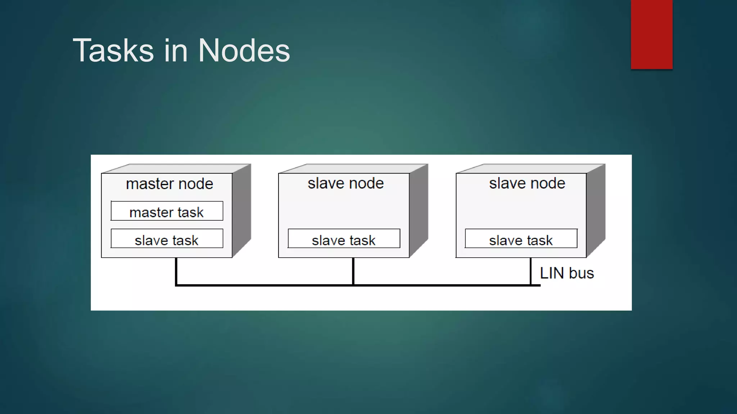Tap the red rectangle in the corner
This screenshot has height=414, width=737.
pos(651,34)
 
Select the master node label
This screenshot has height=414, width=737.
pos(169,184)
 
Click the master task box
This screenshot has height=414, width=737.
pos(167,211)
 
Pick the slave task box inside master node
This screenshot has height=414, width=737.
pos(167,239)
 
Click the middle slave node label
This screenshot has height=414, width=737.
pos(345,184)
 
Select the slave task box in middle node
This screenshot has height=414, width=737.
pos(344,239)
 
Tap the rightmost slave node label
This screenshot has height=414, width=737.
pos(527,184)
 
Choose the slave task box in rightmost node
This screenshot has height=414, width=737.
pos(521,239)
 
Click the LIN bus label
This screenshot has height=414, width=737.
pos(566,273)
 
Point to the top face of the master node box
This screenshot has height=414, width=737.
pos(176,169)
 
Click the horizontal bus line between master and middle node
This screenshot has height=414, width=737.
pos(264,285)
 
